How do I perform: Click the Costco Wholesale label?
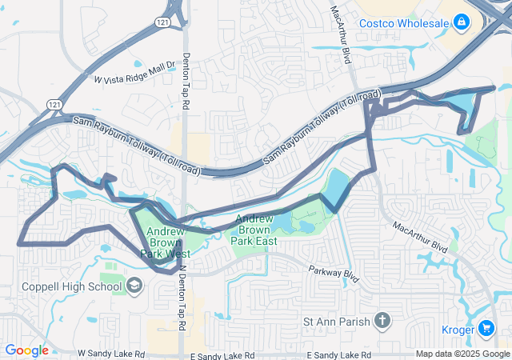tap(403, 23)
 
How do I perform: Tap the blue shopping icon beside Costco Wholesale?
tap(461, 23)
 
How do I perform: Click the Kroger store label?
tap(459, 329)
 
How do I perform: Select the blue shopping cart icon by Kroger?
tap(487, 328)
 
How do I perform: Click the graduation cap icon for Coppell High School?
tap(134, 286)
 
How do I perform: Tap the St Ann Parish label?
tap(336, 322)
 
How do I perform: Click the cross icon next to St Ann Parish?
tap(382, 322)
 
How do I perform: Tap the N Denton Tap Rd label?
tap(182, 296)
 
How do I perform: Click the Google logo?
tap(26, 350)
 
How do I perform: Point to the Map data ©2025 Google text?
tap(462, 354)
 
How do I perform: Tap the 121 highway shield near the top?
tap(163, 25)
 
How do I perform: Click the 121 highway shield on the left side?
tap(53, 105)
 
